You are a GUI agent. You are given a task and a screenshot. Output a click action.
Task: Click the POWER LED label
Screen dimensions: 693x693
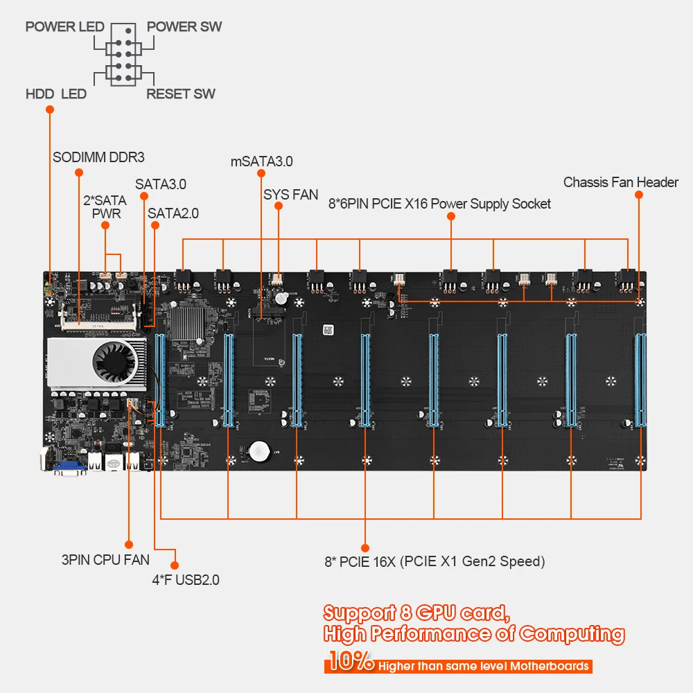(x=64, y=27)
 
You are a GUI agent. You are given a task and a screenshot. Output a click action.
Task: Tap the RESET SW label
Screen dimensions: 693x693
(x=180, y=94)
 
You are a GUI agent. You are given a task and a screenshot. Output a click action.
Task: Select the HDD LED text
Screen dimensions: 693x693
(x=55, y=94)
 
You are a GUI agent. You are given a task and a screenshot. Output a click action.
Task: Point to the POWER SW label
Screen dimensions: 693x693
(x=184, y=27)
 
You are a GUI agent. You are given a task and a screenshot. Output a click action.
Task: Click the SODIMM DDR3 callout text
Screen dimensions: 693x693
(x=98, y=157)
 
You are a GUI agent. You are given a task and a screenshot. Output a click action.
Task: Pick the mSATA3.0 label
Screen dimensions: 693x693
(x=261, y=161)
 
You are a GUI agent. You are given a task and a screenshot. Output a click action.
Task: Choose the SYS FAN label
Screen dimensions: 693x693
(x=290, y=195)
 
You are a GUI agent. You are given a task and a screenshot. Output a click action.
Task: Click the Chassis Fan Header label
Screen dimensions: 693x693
(x=620, y=182)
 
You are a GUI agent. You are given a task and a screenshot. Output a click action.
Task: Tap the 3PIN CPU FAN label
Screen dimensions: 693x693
(x=105, y=559)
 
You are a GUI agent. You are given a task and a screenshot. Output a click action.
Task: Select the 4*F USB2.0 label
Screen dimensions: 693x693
(x=186, y=579)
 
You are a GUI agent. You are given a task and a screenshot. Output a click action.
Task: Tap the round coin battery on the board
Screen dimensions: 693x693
(x=259, y=452)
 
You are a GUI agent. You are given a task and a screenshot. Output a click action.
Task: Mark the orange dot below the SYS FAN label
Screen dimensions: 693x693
(x=278, y=206)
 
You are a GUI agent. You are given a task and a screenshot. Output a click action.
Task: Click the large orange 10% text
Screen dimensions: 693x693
(x=351, y=660)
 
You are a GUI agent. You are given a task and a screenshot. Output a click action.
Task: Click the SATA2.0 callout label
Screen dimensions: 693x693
(x=173, y=213)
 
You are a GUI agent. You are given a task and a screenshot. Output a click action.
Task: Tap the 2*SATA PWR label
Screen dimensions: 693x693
(x=105, y=207)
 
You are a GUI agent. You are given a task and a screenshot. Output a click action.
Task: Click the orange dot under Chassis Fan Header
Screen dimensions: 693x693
(x=638, y=195)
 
